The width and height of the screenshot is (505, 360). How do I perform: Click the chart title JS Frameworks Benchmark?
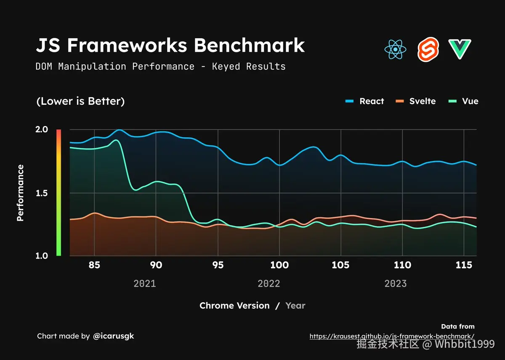[x=170, y=45]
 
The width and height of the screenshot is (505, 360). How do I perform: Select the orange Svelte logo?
[x=428, y=49]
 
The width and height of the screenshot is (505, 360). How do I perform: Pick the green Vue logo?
[x=460, y=49]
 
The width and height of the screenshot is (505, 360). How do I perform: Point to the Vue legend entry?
[x=463, y=101]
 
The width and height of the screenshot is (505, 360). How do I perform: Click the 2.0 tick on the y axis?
[x=42, y=129]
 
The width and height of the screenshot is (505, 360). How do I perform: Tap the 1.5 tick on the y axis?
[x=42, y=193]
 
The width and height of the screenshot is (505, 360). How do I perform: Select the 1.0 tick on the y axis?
[x=42, y=256]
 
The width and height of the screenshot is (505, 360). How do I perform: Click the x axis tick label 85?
[x=95, y=265]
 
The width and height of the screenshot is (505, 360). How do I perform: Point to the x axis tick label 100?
[x=279, y=265]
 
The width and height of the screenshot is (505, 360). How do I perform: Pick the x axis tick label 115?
[x=464, y=265]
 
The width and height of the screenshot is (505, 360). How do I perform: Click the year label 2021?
[x=145, y=283]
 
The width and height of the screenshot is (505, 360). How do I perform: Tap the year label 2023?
[x=396, y=283]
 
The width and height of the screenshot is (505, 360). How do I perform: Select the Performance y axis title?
[x=20, y=193]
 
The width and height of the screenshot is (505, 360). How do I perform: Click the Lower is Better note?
[x=80, y=101]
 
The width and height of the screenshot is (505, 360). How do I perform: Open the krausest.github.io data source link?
[x=392, y=336]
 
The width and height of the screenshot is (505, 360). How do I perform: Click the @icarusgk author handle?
[x=113, y=336]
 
